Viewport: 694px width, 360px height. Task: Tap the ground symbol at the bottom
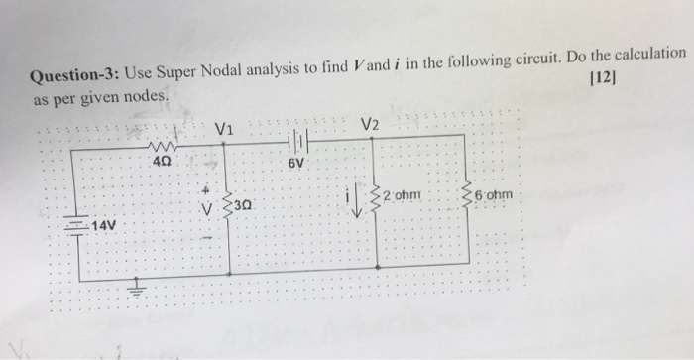coord(136,288)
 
